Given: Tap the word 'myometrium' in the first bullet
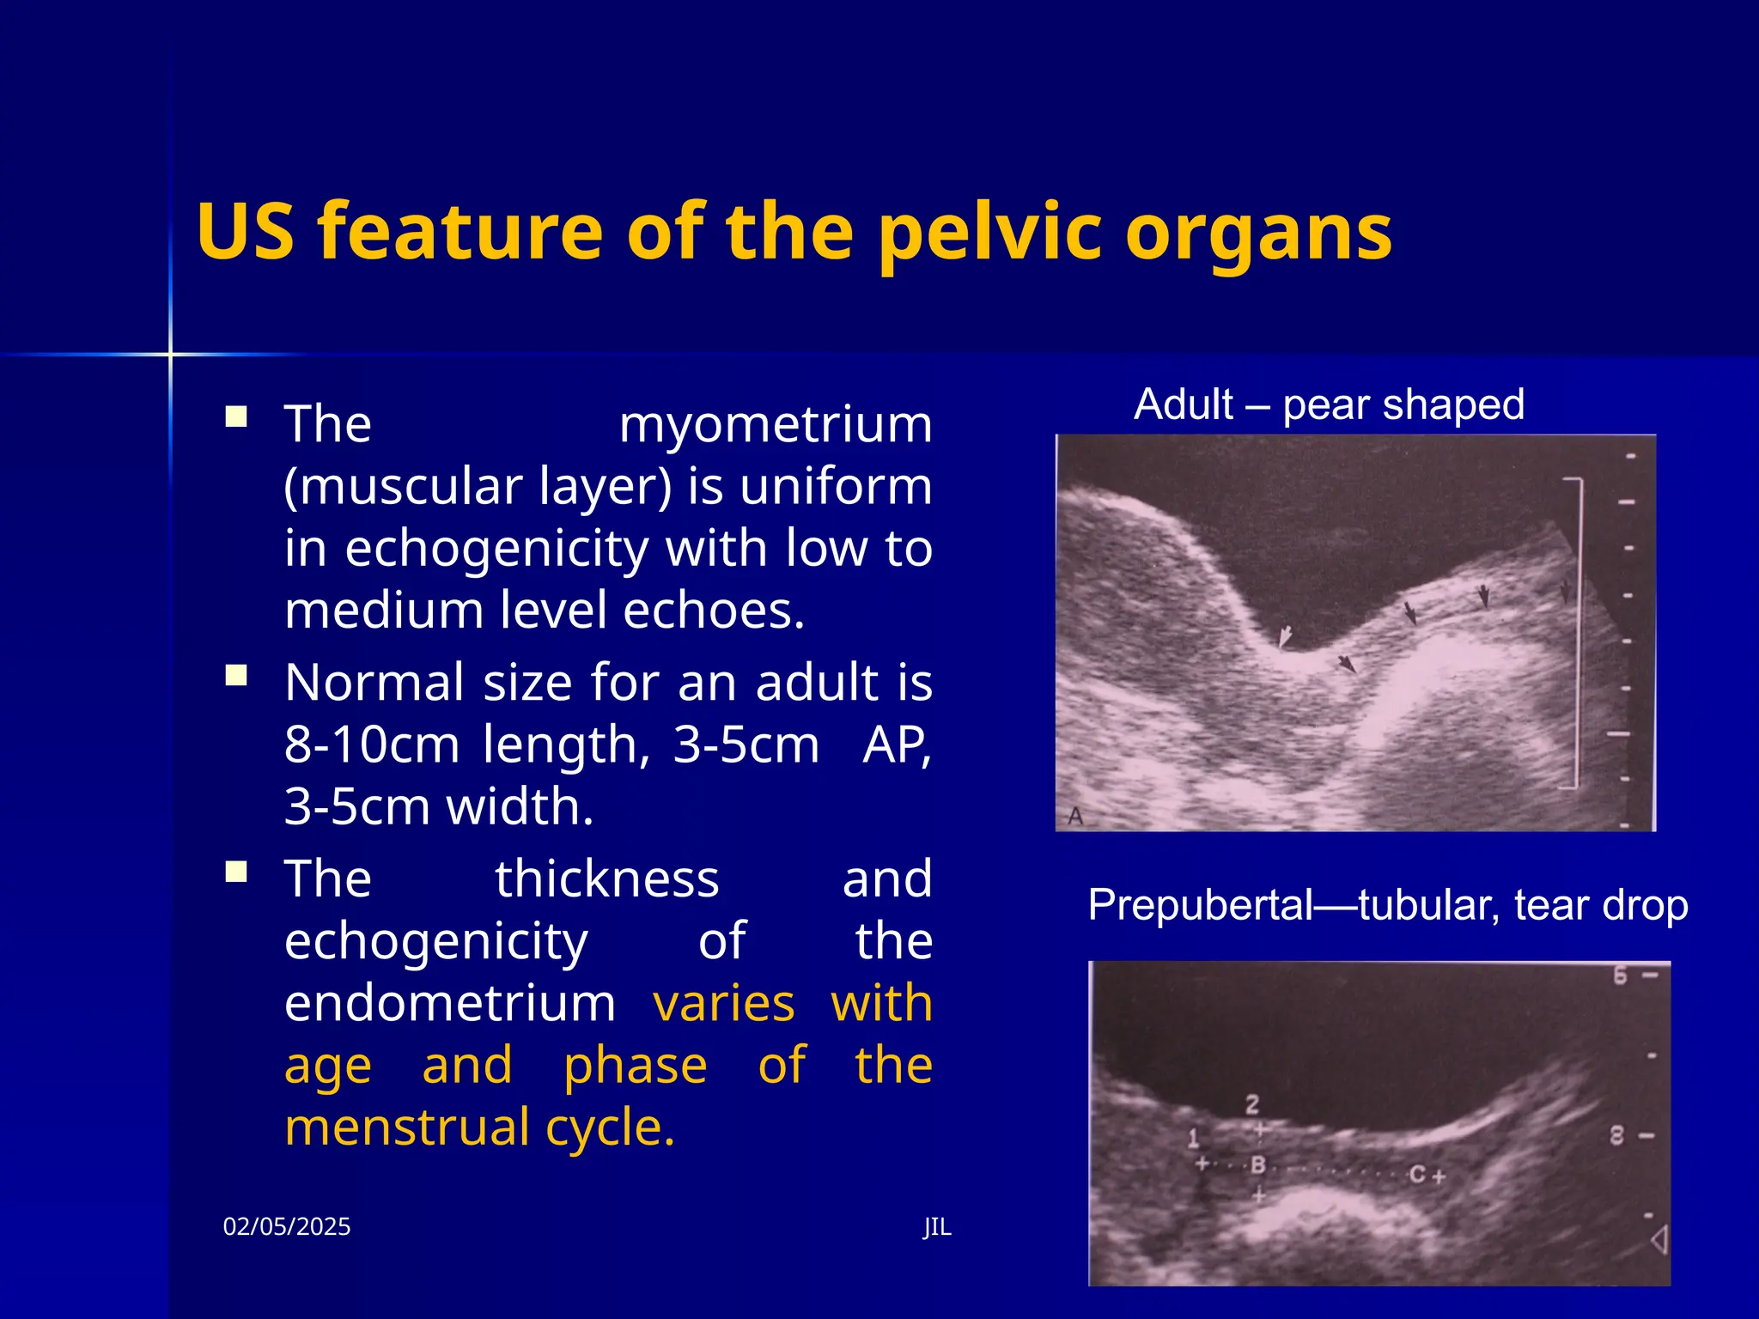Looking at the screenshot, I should click(775, 424).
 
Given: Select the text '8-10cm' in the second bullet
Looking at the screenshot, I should click(371, 745).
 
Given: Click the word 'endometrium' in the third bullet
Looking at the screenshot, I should click(450, 1003).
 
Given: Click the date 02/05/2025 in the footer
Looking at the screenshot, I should click(286, 1226).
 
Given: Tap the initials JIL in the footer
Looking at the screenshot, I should click(937, 1226).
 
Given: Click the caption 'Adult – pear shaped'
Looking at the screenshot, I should click(1329, 404).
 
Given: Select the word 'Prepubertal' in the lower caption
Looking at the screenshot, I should click(1201, 905).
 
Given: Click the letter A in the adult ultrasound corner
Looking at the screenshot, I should click(1074, 816).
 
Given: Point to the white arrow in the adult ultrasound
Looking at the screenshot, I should click(1285, 636).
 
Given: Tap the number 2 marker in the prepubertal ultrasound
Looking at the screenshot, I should click(1252, 1104).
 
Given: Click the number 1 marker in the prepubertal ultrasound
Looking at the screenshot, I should click(1193, 1140).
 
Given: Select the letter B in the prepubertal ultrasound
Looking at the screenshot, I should click(1258, 1165).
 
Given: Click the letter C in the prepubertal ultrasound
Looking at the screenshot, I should click(1417, 1174).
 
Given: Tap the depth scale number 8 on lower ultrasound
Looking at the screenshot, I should click(1617, 1136).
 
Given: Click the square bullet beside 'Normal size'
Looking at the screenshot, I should click(236, 676).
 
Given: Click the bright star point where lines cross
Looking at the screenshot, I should click(170, 354).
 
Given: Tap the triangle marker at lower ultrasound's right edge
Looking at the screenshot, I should click(1659, 1240).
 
